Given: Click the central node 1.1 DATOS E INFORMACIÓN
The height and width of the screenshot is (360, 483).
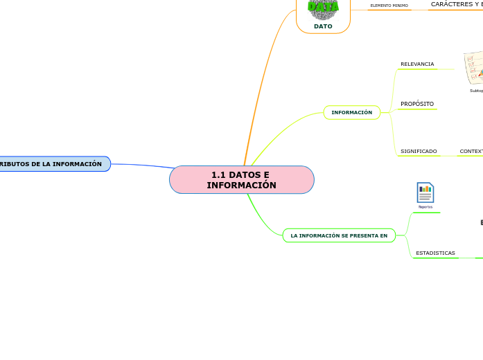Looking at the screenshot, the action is pyautogui.click(x=241, y=180).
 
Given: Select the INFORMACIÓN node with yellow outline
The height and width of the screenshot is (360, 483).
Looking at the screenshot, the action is pyautogui.click(x=351, y=112).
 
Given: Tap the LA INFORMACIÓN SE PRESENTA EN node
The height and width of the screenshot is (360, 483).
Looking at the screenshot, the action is pyautogui.click(x=339, y=235).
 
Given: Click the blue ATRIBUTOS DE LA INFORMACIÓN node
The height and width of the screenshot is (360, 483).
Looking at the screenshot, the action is pyautogui.click(x=52, y=164).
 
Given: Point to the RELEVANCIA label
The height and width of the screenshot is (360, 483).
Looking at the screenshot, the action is pyautogui.click(x=417, y=64).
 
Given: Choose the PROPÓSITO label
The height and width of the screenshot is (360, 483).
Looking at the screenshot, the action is pyautogui.click(x=417, y=104).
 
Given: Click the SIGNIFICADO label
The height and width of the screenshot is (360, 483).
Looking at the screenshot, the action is pyautogui.click(x=419, y=151).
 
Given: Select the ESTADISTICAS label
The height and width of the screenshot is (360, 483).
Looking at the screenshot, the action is pyautogui.click(x=435, y=253).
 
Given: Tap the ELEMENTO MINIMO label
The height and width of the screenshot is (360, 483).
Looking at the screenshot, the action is pyautogui.click(x=389, y=6).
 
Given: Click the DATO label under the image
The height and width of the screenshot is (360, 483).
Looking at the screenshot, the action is pyautogui.click(x=323, y=26).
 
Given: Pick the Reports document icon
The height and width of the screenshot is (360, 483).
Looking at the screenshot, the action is pyautogui.click(x=425, y=193).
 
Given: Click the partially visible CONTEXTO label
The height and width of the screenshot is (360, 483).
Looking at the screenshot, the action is pyautogui.click(x=471, y=151).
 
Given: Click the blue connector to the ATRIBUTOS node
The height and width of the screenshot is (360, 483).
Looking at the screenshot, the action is pyautogui.click(x=142, y=165).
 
